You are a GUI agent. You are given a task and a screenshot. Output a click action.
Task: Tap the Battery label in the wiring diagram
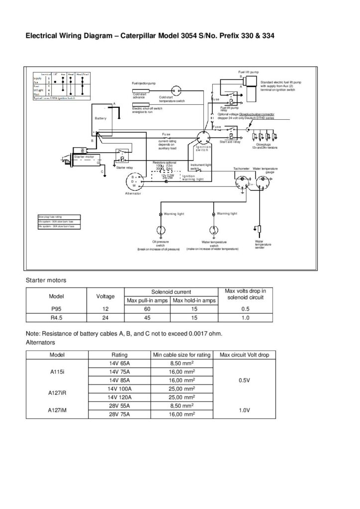pos(101,118)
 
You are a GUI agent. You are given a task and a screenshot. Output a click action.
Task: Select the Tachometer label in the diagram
pos(241,169)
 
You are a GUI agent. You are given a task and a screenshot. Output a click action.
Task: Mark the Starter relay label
pos(124,168)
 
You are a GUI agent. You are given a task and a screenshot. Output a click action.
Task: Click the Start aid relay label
pos(230,142)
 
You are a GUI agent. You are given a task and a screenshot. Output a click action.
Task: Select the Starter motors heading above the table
pos(46,280)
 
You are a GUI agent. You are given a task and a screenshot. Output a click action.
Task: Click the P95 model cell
pos(56,308)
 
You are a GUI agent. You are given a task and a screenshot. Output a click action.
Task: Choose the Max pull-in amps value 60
pos(147,308)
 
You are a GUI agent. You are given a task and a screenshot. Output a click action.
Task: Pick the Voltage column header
pos(105,296)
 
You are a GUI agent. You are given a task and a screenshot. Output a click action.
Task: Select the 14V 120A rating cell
pos(119,397)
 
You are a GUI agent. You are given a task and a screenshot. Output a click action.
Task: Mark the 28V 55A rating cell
pos(119,406)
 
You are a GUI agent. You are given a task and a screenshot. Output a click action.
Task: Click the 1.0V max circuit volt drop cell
pos(244,410)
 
